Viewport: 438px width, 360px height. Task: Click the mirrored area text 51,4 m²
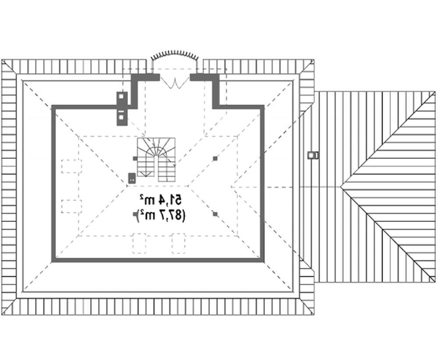point(161,200)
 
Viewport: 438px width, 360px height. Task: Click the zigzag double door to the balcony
point(175,82)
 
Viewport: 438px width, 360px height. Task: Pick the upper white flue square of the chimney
point(121,96)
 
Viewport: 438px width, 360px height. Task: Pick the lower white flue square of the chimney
point(121,117)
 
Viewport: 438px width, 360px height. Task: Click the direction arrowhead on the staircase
point(145,174)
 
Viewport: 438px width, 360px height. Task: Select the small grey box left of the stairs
point(132,178)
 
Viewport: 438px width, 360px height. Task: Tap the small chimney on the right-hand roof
point(313,155)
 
